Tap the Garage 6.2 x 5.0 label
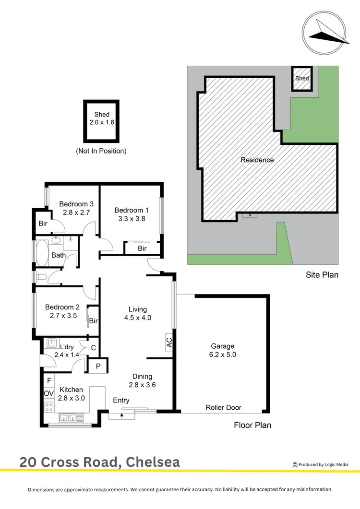coord(223,351)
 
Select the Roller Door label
coord(223,408)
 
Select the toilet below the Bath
coord(42,277)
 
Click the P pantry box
coord(98,366)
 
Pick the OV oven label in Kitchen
coord(49,393)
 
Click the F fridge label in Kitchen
coord(49,381)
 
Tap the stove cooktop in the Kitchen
coord(49,407)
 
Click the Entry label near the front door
coord(121,401)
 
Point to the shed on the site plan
coord(302,79)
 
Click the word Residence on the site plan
coord(257,160)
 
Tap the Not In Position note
coord(101,151)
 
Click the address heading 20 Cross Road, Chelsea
coord(100,462)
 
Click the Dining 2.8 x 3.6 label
coord(143,380)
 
